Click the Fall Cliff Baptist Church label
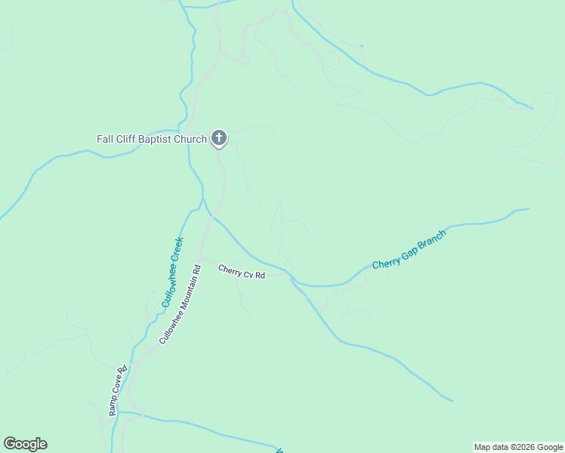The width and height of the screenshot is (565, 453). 152,139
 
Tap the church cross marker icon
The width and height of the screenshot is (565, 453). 218,137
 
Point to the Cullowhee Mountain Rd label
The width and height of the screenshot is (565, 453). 180,304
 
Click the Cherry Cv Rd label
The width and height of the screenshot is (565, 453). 242,272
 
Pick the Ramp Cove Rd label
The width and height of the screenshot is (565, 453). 117,390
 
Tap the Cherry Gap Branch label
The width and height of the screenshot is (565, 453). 409,250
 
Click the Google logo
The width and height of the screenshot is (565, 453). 25,444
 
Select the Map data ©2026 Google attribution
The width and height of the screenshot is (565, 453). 518,447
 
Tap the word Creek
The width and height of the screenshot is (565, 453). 177,251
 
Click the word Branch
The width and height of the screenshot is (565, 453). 431,239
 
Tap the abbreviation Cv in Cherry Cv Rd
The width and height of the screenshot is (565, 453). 247,273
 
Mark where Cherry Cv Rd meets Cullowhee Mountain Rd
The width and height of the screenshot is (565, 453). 201,259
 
